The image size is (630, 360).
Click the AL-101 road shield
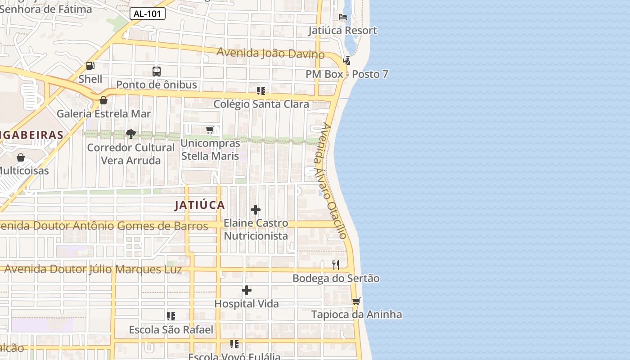pos(148,13)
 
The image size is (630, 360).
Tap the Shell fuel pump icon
pos(90,66)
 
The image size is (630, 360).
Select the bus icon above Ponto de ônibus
pos(157,71)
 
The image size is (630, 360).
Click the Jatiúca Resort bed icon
pos(343,18)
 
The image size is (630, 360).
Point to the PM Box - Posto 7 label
pos(346,74)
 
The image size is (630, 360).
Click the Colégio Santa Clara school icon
pos(261,91)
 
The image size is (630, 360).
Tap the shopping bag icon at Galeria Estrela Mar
pos(103,100)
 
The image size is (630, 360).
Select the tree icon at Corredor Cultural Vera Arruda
pos(131,134)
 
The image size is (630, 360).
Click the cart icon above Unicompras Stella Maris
pos(210,130)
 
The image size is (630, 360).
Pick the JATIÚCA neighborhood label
pos(199,205)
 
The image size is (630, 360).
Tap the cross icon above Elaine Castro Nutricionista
pos(256,210)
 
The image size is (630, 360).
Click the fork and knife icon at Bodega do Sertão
pos(336,265)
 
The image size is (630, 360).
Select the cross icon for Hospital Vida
pos(247,290)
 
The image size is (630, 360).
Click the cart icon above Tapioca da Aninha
pos(356,301)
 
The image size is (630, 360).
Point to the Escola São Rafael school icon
pos(171,316)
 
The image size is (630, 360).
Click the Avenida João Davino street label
pos(270,53)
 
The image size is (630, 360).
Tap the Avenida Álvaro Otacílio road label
pos(331,180)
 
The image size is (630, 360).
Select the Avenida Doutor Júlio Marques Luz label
pos(93,269)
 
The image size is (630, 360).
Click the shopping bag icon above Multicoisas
pos(21,157)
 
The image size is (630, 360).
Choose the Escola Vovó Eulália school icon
pos(234,344)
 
